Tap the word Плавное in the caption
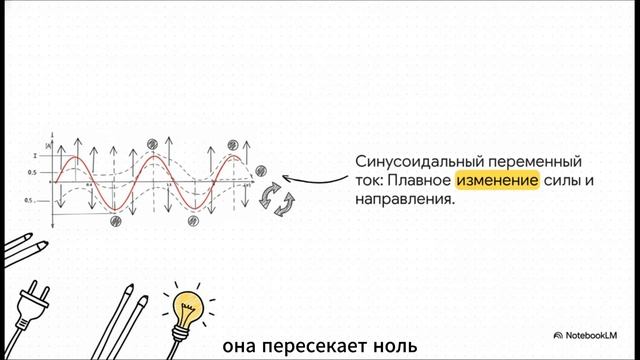pos(418,180)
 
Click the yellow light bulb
pos(189,305)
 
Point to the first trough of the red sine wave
pos(115,207)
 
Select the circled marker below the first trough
pos(115,220)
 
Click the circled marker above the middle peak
pos(152,142)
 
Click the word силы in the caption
pos(563,180)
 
